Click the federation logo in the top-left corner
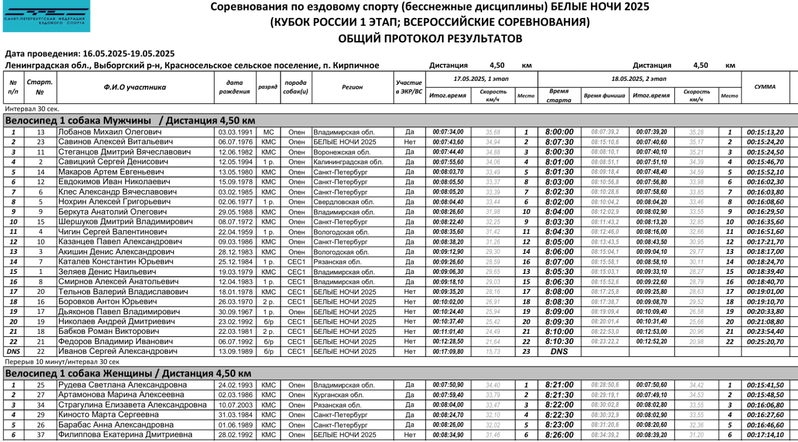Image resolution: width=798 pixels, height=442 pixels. [x=46, y=16]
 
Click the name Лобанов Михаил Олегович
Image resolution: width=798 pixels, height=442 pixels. [x=110, y=132]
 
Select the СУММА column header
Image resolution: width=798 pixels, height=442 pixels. [x=765, y=87]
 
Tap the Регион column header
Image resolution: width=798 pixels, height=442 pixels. [x=352, y=87]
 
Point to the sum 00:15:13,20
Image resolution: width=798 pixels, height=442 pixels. [x=765, y=132]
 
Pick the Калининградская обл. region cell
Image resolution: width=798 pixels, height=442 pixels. [x=348, y=162]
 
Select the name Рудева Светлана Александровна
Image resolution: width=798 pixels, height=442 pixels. [x=123, y=385]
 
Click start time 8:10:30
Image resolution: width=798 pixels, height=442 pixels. [x=559, y=342]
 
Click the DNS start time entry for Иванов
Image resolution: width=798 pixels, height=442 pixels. [x=559, y=352]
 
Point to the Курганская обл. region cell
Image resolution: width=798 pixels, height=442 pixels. [x=339, y=395]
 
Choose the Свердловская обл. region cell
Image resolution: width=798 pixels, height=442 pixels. [x=344, y=202]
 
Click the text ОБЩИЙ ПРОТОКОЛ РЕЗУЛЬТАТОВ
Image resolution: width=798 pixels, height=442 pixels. [x=430, y=38]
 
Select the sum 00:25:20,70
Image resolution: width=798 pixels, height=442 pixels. [x=765, y=342]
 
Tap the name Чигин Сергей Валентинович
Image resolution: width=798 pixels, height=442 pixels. [x=113, y=232]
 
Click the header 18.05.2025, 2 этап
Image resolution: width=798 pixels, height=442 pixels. [x=639, y=79]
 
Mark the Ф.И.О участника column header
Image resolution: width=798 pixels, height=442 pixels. [x=135, y=87]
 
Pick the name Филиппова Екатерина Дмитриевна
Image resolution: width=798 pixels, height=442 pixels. [x=125, y=435]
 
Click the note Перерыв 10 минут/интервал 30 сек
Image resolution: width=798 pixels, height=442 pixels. [x=62, y=362]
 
